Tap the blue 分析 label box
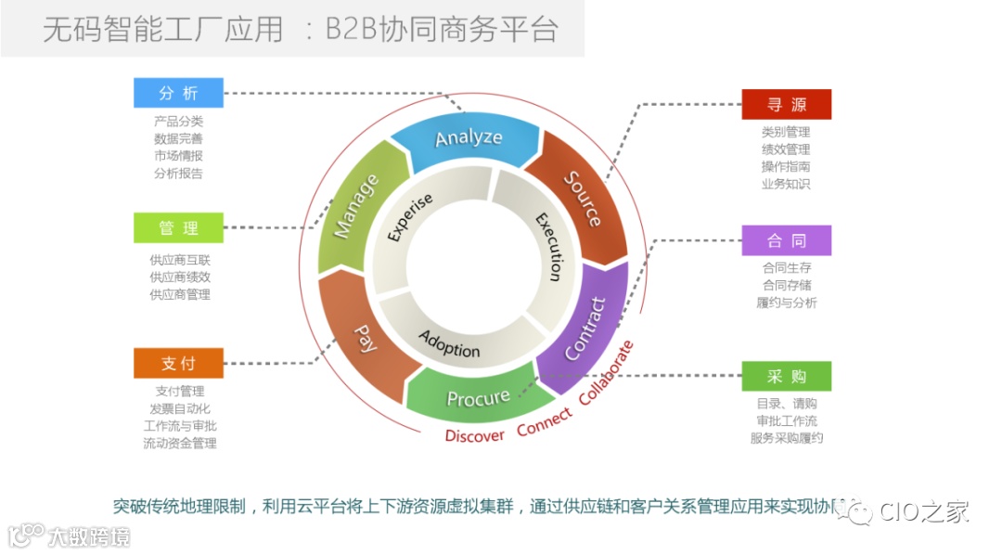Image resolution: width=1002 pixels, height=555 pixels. pyautogui.click(x=178, y=93)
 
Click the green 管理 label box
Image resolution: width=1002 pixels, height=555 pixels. pyautogui.click(x=178, y=228)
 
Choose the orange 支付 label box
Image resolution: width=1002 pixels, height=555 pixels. pyautogui.click(x=178, y=363)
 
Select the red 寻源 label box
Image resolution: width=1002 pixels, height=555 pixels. pyautogui.click(x=786, y=105)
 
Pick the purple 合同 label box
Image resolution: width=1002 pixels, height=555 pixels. pyautogui.click(x=786, y=240)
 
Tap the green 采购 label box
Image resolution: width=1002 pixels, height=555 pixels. pyautogui.click(x=786, y=377)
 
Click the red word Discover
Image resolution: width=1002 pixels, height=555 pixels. pyautogui.click(x=474, y=435)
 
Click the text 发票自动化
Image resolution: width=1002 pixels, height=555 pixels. pyautogui.click(x=180, y=408)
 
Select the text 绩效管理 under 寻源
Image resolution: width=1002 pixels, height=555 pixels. pyautogui.click(x=786, y=149)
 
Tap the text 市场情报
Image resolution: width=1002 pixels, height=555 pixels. pyautogui.click(x=179, y=156)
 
